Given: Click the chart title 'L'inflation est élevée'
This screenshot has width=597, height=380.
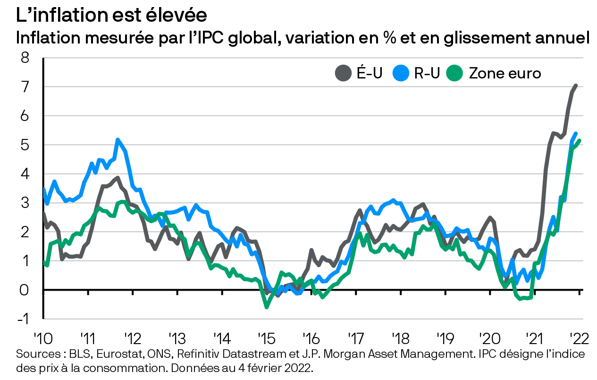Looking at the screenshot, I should [111, 15].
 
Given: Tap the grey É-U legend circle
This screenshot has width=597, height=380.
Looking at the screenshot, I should [343, 73].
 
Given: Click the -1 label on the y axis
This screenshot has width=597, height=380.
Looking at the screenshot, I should [23, 319].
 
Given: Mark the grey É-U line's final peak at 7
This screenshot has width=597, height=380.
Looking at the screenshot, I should [576, 86].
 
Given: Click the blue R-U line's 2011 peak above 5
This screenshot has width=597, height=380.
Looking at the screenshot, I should [118, 139].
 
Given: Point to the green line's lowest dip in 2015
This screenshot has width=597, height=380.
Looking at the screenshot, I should [267, 307].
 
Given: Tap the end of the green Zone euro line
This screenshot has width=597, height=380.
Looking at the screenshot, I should [580, 140].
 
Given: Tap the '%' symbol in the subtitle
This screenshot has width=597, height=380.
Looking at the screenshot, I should [389, 38].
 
